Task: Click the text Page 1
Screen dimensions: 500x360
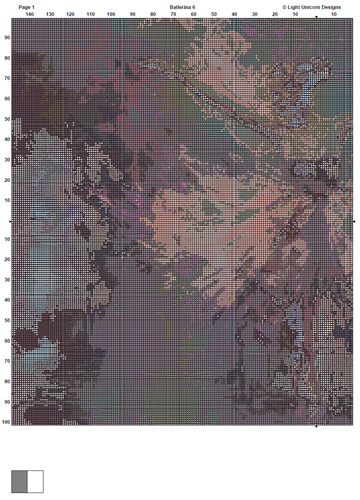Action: (27, 7)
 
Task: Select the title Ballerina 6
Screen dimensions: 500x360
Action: (182, 7)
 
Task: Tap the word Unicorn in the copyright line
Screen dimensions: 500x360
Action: (310, 7)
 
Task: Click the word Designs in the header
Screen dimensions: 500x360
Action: (331, 7)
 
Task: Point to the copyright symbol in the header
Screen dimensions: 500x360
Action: (284, 7)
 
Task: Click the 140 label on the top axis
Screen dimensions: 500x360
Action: (29, 14)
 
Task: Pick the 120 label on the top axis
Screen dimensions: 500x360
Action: (70, 14)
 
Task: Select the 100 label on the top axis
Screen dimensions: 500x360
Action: (111, 14)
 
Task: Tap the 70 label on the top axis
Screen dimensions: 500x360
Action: (173, 14)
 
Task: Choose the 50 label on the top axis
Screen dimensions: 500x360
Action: (214, 14)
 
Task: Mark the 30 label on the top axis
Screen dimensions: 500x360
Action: (255, 14)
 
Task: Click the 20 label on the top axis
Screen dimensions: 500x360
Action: (275, 14)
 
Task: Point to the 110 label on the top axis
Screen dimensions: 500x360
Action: (91, 14)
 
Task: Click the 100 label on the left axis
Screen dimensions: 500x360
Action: (6, 422)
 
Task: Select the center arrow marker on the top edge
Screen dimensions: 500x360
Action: (316, 17)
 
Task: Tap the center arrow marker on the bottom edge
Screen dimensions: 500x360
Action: (316, 426)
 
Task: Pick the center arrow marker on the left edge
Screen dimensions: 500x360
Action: (10, 221)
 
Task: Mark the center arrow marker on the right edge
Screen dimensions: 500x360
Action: (354, 221)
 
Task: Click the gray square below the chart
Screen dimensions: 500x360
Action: (19, 482)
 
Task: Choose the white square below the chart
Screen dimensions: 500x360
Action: (35, 482)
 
